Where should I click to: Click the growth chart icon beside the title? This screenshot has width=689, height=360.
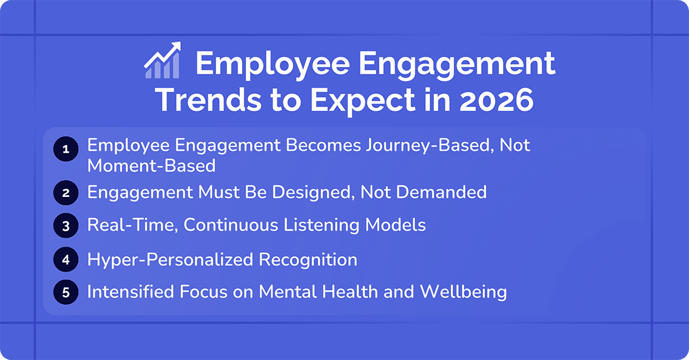tap(162, 61)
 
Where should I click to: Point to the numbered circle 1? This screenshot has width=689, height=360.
tap(66, 148)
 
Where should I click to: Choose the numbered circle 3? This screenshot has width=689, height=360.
tap(66, 226)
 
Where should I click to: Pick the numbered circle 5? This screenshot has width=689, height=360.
tap(66, 292)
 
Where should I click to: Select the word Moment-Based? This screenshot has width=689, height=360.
tap(151, 166)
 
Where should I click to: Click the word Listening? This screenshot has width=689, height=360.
tap(336, 225)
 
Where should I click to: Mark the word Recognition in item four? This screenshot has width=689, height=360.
tap(308, 260)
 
